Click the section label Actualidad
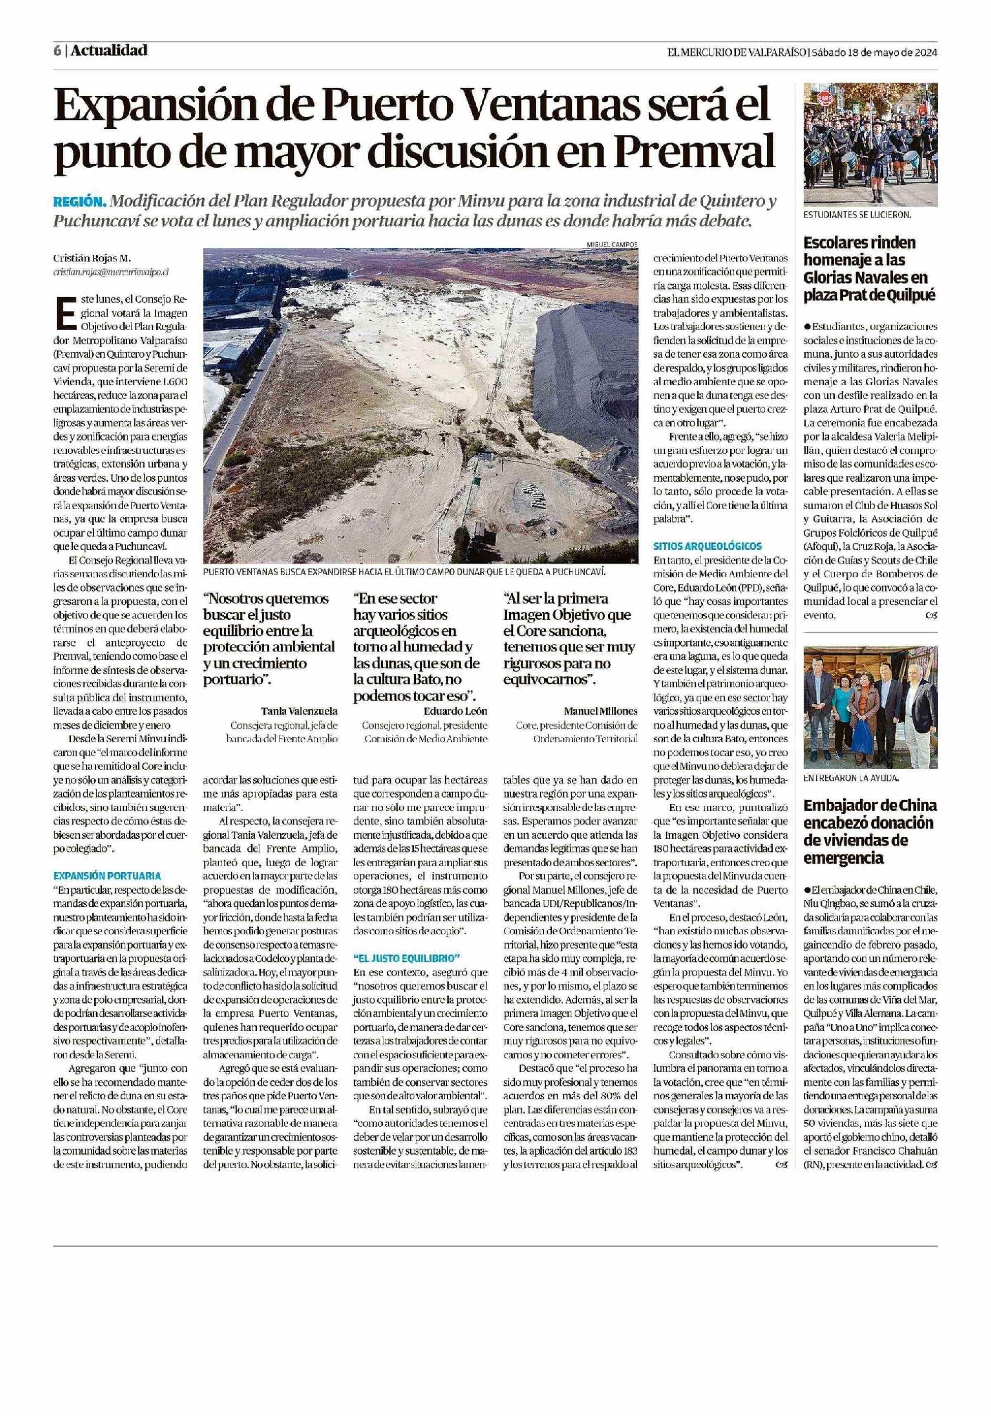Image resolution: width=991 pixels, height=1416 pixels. pos(109,50)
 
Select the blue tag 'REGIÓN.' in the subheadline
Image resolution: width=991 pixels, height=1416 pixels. pos(80,202)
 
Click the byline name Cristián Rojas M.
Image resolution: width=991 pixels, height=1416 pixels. pos(92,258)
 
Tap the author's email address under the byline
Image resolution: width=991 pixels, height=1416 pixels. pos(111,271)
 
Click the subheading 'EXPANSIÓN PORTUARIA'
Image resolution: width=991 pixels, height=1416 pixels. pos(107,875)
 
